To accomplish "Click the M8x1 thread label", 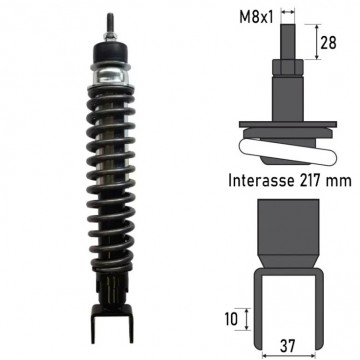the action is click(x=256, y=17).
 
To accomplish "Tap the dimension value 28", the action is click(x=328, y=43).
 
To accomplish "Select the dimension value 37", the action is click(x=287, y=346).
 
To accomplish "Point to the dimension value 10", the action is click(x=230, y=319).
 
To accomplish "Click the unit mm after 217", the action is click(x=339, y=182).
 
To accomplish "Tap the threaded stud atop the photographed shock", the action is click(x=109, y=23).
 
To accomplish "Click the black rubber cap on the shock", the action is click(x=111, y=53).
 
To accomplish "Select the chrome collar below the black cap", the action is click(x=111, y=75).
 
